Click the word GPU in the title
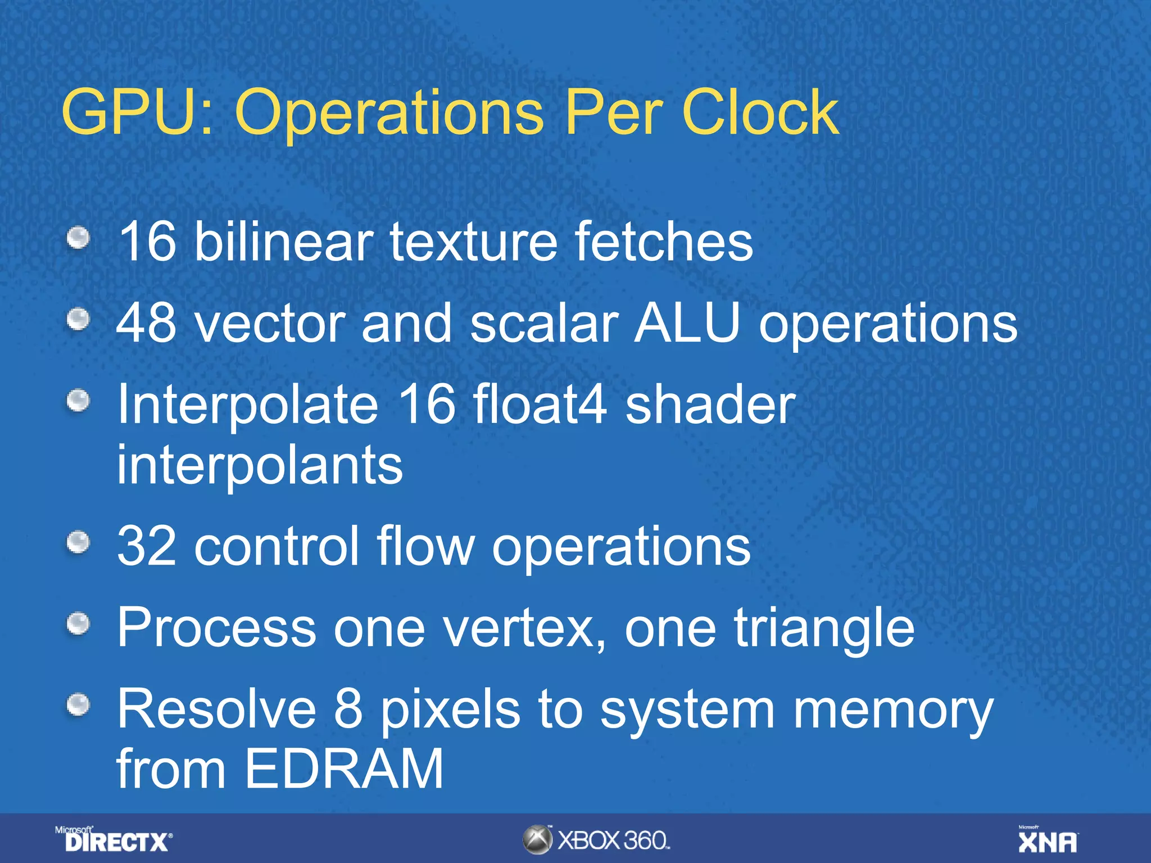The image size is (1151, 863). [x=138, y=112]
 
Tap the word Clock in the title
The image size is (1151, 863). [x=760, y=112]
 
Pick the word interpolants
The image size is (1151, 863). [x=260, y=465]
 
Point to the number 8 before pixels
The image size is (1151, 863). [x=348, y=709]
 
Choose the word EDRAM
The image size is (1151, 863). [x=344, y=768]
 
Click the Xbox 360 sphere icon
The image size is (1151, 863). [x=537, y=840]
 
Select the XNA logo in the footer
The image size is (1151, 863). [x=1048, y=840]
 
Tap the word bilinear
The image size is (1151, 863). [x=284, y=241]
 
